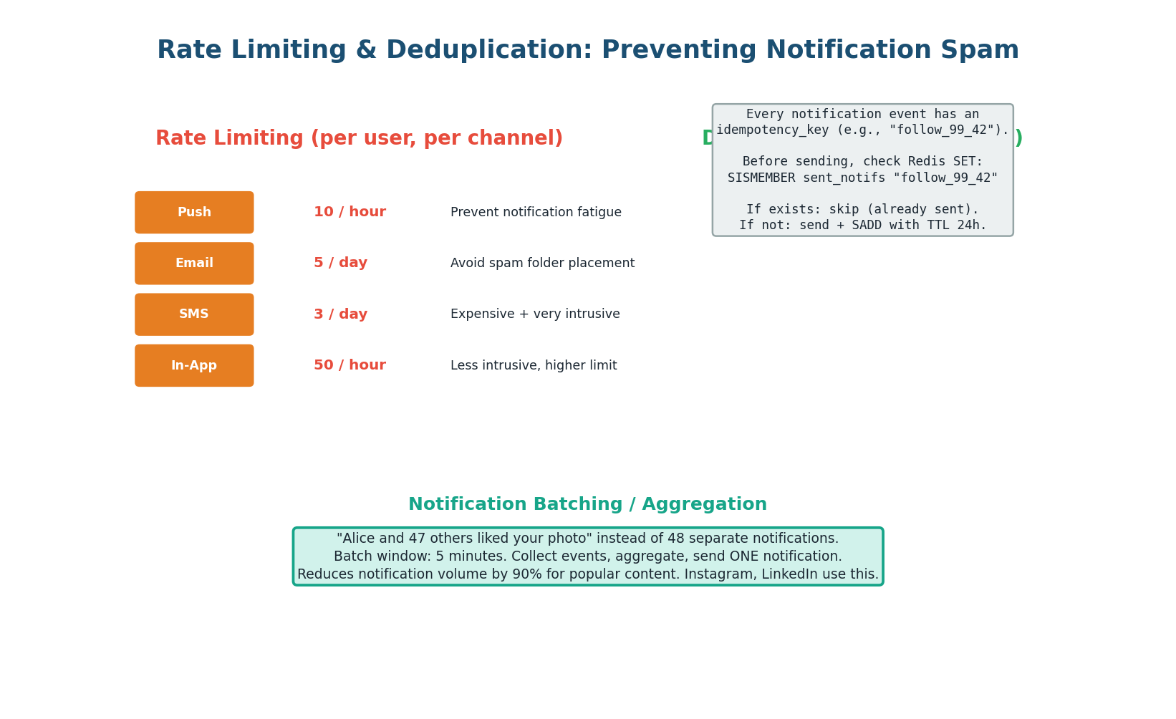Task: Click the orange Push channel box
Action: point(194,213)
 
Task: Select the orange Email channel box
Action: point(194,264)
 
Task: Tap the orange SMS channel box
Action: point(194,314)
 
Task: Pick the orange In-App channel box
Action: point(194,366)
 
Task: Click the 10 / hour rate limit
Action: point(350,213)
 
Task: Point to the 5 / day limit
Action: point(340,264)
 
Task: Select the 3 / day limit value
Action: point(340,314)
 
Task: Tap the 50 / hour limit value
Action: point(350,366)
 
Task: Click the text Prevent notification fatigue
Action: point(536,213)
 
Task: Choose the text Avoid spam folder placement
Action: point(542,264)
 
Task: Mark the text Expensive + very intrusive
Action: point(535,314)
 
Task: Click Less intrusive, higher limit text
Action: point(534,366)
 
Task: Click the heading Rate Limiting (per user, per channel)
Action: point(359,139)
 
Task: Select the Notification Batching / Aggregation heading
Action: point(587,505)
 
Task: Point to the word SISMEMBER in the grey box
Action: point(761,178)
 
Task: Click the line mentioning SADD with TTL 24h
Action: point(862,226)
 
